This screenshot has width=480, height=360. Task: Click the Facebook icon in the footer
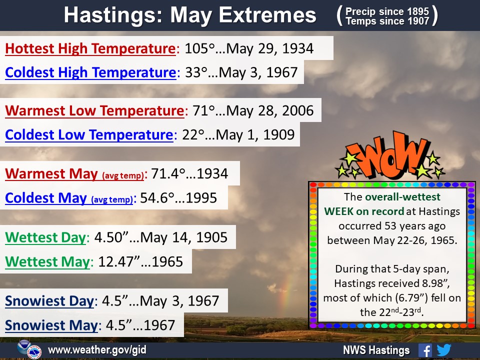click(x=425, y=350)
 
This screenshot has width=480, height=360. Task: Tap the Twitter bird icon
click(x=444, y=350)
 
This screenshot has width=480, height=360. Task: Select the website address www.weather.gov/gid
click(x=97, y=350)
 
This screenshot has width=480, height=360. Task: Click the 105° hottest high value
click(x=199, y=48)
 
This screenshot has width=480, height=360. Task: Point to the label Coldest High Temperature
click(x=90, y=72)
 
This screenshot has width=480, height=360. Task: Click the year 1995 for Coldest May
click(x=201, y=198)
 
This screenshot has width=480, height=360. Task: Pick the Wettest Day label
click(x=45, y=237)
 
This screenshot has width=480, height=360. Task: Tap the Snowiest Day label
click(x=49, y=301)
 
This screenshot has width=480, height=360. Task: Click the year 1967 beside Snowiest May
click(x=159, y=325)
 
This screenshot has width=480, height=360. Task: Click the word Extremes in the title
click(x=267, y=15)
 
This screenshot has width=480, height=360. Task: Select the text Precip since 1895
click(x=387, y=11)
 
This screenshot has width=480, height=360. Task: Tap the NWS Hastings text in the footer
click(x=376, y=350)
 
